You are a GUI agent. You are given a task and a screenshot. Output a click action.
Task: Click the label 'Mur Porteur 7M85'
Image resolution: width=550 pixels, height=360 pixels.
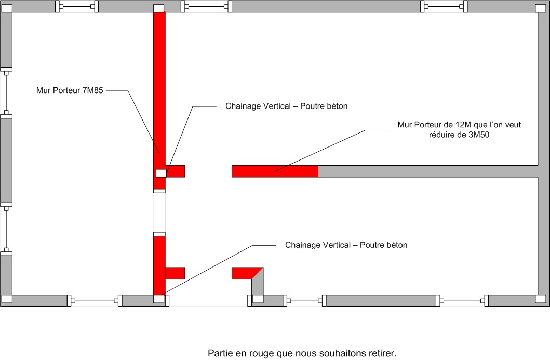pos(70,90)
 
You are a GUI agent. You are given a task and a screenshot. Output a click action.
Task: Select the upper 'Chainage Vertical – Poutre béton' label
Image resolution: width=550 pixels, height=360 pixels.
pos(286,106)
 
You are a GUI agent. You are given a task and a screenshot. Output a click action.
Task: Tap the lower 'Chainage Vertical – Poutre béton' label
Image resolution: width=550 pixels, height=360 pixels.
pos(346,245)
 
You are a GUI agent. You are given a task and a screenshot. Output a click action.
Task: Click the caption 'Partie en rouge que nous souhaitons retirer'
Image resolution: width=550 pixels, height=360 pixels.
pos(302,353)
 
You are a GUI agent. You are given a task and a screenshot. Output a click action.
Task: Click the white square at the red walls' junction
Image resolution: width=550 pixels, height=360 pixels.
pos(161,173)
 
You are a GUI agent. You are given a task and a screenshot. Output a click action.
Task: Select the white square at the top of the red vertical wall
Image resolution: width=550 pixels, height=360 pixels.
pos(159,9)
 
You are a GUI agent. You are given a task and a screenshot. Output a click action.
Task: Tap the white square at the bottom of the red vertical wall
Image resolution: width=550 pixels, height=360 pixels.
pos(159,299)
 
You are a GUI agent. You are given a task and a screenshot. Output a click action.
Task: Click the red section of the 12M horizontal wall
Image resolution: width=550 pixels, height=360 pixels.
pos(274,171)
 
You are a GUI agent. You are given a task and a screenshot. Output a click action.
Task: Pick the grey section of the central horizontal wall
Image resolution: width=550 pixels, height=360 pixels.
pos(426,171)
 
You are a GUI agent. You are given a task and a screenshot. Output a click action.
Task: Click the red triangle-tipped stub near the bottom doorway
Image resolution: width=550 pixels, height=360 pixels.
pos(244,273)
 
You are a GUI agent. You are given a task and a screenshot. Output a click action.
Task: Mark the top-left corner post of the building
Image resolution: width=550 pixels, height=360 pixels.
pos(7,7)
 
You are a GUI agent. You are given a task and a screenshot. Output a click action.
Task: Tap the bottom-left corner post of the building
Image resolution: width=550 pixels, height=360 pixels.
pos(7,299)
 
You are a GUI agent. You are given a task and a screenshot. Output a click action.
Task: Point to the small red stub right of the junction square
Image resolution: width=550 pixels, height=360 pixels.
pos(176,171)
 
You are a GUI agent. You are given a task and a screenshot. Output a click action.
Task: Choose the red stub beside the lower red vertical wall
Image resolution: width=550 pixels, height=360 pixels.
pos(175,273)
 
